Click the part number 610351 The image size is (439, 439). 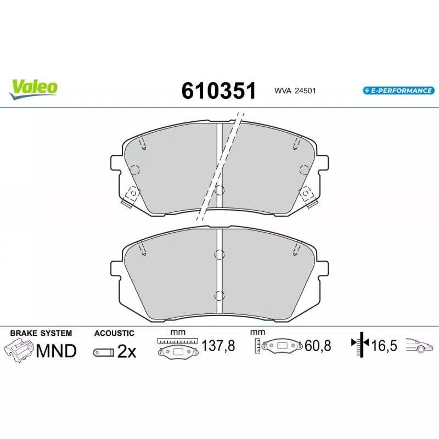click(218, 91)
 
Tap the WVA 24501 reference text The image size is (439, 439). click(295, 91)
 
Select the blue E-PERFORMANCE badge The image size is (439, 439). click(399, 91)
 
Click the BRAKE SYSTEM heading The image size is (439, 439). click(41, 333)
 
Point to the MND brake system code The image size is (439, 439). click(57, 351)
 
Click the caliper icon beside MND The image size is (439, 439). click(19, 350)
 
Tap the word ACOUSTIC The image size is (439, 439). click(114, 333)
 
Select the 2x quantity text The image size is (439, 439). click(127, 351)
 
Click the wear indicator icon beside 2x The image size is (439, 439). click(104, 352)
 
